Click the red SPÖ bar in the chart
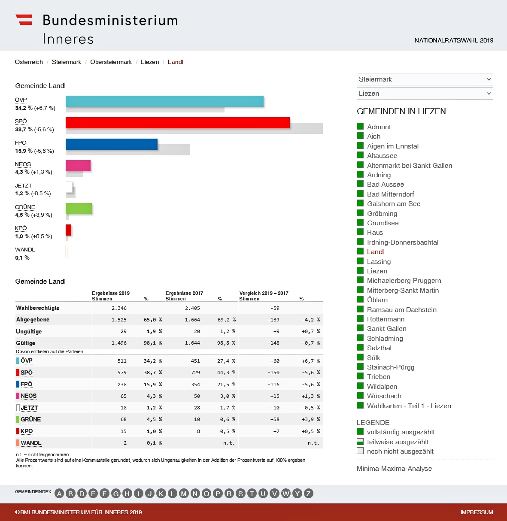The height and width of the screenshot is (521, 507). click(x=177, y=123)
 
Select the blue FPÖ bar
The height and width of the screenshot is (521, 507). click(x=112, y=144)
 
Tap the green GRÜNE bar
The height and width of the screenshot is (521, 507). click(x=79, y=209)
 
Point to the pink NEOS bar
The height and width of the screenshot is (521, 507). click(x=78, y=166)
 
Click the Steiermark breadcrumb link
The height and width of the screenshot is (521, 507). click(x=66, y=62)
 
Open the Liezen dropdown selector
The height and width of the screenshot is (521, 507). click(x=425, y=94)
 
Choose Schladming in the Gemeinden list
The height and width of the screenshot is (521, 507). click(x=385, y=338)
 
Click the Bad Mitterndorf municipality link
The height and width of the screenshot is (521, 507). click(x=390, y=194)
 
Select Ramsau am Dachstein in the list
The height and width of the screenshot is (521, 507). click(x=401, y=309)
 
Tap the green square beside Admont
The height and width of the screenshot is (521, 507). click(x=360, y=126)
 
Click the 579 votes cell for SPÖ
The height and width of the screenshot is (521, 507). click(x=122, y=373)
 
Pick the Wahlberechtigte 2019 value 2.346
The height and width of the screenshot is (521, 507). click(x=119, y=308)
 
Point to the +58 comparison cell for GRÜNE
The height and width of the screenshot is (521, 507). click(x=275, y=419)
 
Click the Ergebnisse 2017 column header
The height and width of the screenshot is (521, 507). click(x=184, y=293)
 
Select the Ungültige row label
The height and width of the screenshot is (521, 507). click(x=29, y=331)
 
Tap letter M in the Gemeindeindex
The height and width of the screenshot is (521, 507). click(x=184, y=494)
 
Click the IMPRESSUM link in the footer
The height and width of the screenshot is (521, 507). click(x=477, y=512)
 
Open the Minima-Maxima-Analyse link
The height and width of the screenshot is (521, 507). click(x=394, y=469)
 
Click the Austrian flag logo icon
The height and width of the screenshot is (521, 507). click(x=24, y=20)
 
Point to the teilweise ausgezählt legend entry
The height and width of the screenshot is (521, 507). click(x=398, y=442)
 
